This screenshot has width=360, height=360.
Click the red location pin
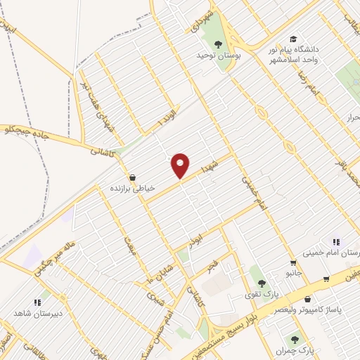point(181,166)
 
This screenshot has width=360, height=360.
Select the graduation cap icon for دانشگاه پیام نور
point(293,39)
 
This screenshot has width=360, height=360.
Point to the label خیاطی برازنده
point(131,188)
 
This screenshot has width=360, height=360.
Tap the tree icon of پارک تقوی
point(262,283)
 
